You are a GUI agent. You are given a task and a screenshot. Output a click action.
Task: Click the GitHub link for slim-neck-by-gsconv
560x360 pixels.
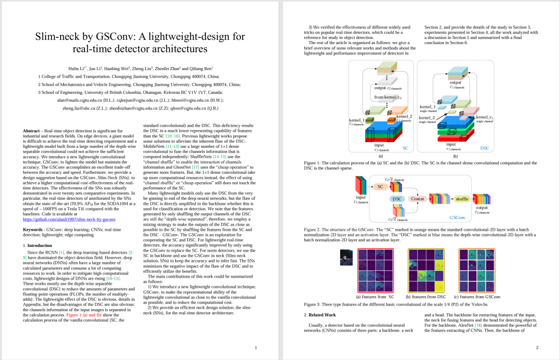coord(69,219)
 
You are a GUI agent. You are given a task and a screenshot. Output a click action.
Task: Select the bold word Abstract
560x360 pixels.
coord(34,131)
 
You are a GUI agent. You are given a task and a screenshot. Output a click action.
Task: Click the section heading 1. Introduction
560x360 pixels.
coord(38,245)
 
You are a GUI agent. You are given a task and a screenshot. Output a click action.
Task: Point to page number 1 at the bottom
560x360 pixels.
coord(256,348)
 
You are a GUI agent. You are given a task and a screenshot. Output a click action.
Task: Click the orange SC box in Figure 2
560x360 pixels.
coord(380,187)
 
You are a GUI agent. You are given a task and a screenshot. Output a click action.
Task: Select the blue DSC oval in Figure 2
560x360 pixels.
coord(397,199)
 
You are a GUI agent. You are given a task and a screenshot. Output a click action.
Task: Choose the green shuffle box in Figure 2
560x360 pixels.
coord(461,199)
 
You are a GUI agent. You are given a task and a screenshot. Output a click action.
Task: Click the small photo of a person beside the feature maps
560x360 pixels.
coord(346,257)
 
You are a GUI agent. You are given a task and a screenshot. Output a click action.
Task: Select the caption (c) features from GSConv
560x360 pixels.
coord(477,297)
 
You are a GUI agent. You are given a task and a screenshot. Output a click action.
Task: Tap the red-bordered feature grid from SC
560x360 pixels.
coord(375,270)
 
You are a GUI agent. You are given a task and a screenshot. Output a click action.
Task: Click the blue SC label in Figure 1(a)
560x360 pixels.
coord(405,148)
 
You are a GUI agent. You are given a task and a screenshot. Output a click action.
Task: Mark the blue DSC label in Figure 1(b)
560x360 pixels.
coord(484,148)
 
